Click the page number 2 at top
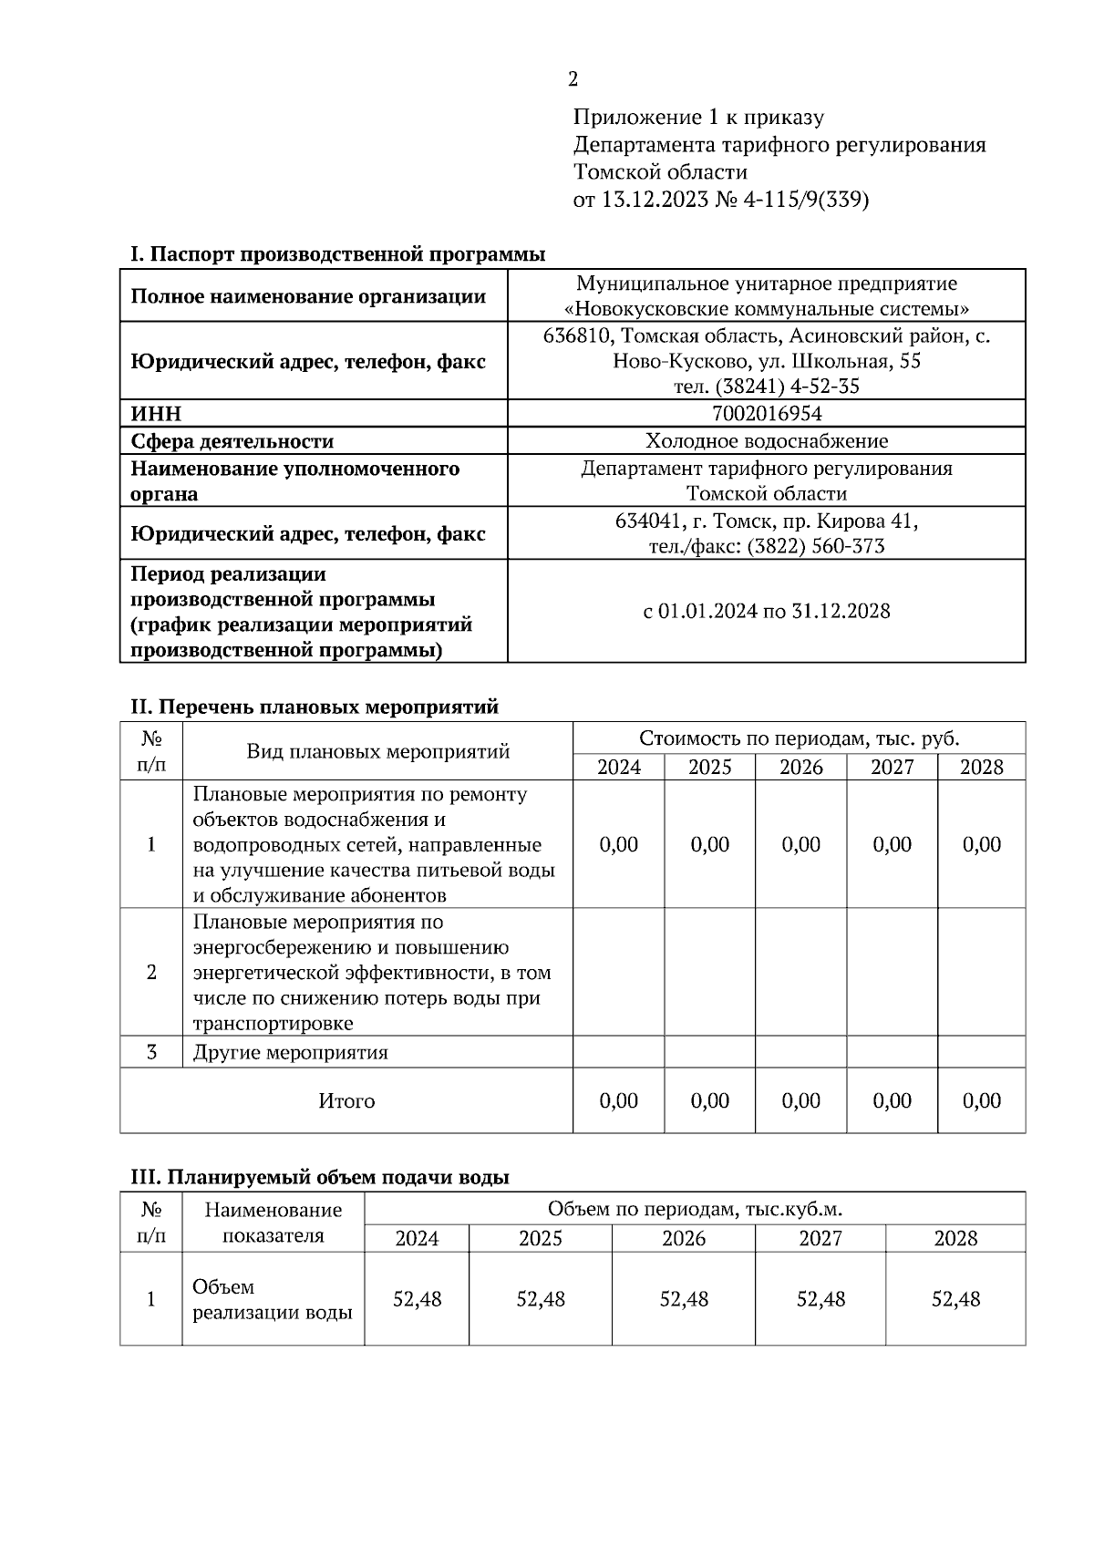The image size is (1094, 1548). (x=573, y=79)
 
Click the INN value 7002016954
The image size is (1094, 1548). (x=766, y=414)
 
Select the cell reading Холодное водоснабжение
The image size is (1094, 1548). (x=766, y=441)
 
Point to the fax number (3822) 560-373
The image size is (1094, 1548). (x=815, y=546)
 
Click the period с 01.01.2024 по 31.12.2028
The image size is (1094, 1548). (x=766, y=611)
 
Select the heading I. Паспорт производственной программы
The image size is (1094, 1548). (x=337, y=253)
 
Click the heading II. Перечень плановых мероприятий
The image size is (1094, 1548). (x=315, y=707)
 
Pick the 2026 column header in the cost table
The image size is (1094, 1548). (x=800, y=767)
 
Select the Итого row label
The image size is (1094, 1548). (x=346, y=1101)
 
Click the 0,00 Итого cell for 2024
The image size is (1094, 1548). (x=618, y=1101)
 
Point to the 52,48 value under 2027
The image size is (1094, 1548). (x=820, y=1299)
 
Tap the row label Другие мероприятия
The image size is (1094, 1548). (x=290, y=1053)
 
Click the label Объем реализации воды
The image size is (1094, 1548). (x=272, y=1300)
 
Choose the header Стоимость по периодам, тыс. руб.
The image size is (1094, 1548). (x=799, y=738)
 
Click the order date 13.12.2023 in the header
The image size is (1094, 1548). (x=655, y=200)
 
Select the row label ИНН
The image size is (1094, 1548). (x=156, y=414)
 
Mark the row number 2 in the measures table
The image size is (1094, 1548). (x=151, y=972)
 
